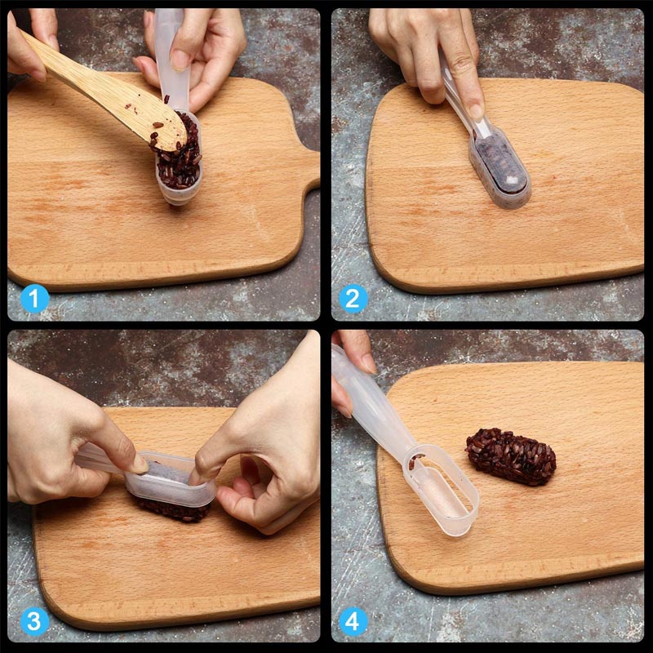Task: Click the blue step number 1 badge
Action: click(33, 299)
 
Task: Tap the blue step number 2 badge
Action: click(352, 299)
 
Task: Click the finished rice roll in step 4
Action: click(511, 455)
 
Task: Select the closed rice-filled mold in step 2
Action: click(498, 167)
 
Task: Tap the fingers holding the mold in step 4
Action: click(353, 359)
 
